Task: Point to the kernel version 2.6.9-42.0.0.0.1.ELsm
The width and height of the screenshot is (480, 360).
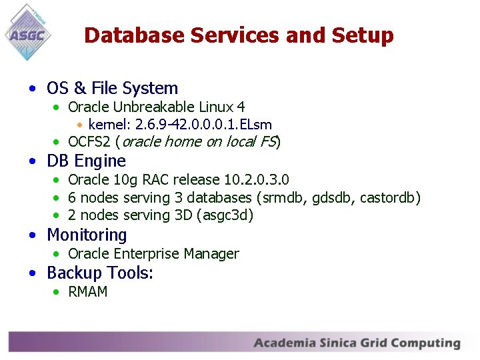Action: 203,125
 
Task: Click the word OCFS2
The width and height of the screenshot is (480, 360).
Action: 89,141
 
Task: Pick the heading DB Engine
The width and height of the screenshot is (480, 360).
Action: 86,161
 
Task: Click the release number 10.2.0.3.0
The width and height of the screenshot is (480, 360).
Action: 257,180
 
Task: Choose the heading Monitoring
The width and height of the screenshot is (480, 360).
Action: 87,235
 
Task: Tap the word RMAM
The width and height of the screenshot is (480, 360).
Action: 88,292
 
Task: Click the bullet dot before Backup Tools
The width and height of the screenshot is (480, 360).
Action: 33,273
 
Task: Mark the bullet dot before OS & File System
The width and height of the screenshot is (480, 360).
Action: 33,89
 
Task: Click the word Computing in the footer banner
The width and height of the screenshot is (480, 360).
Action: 426,343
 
